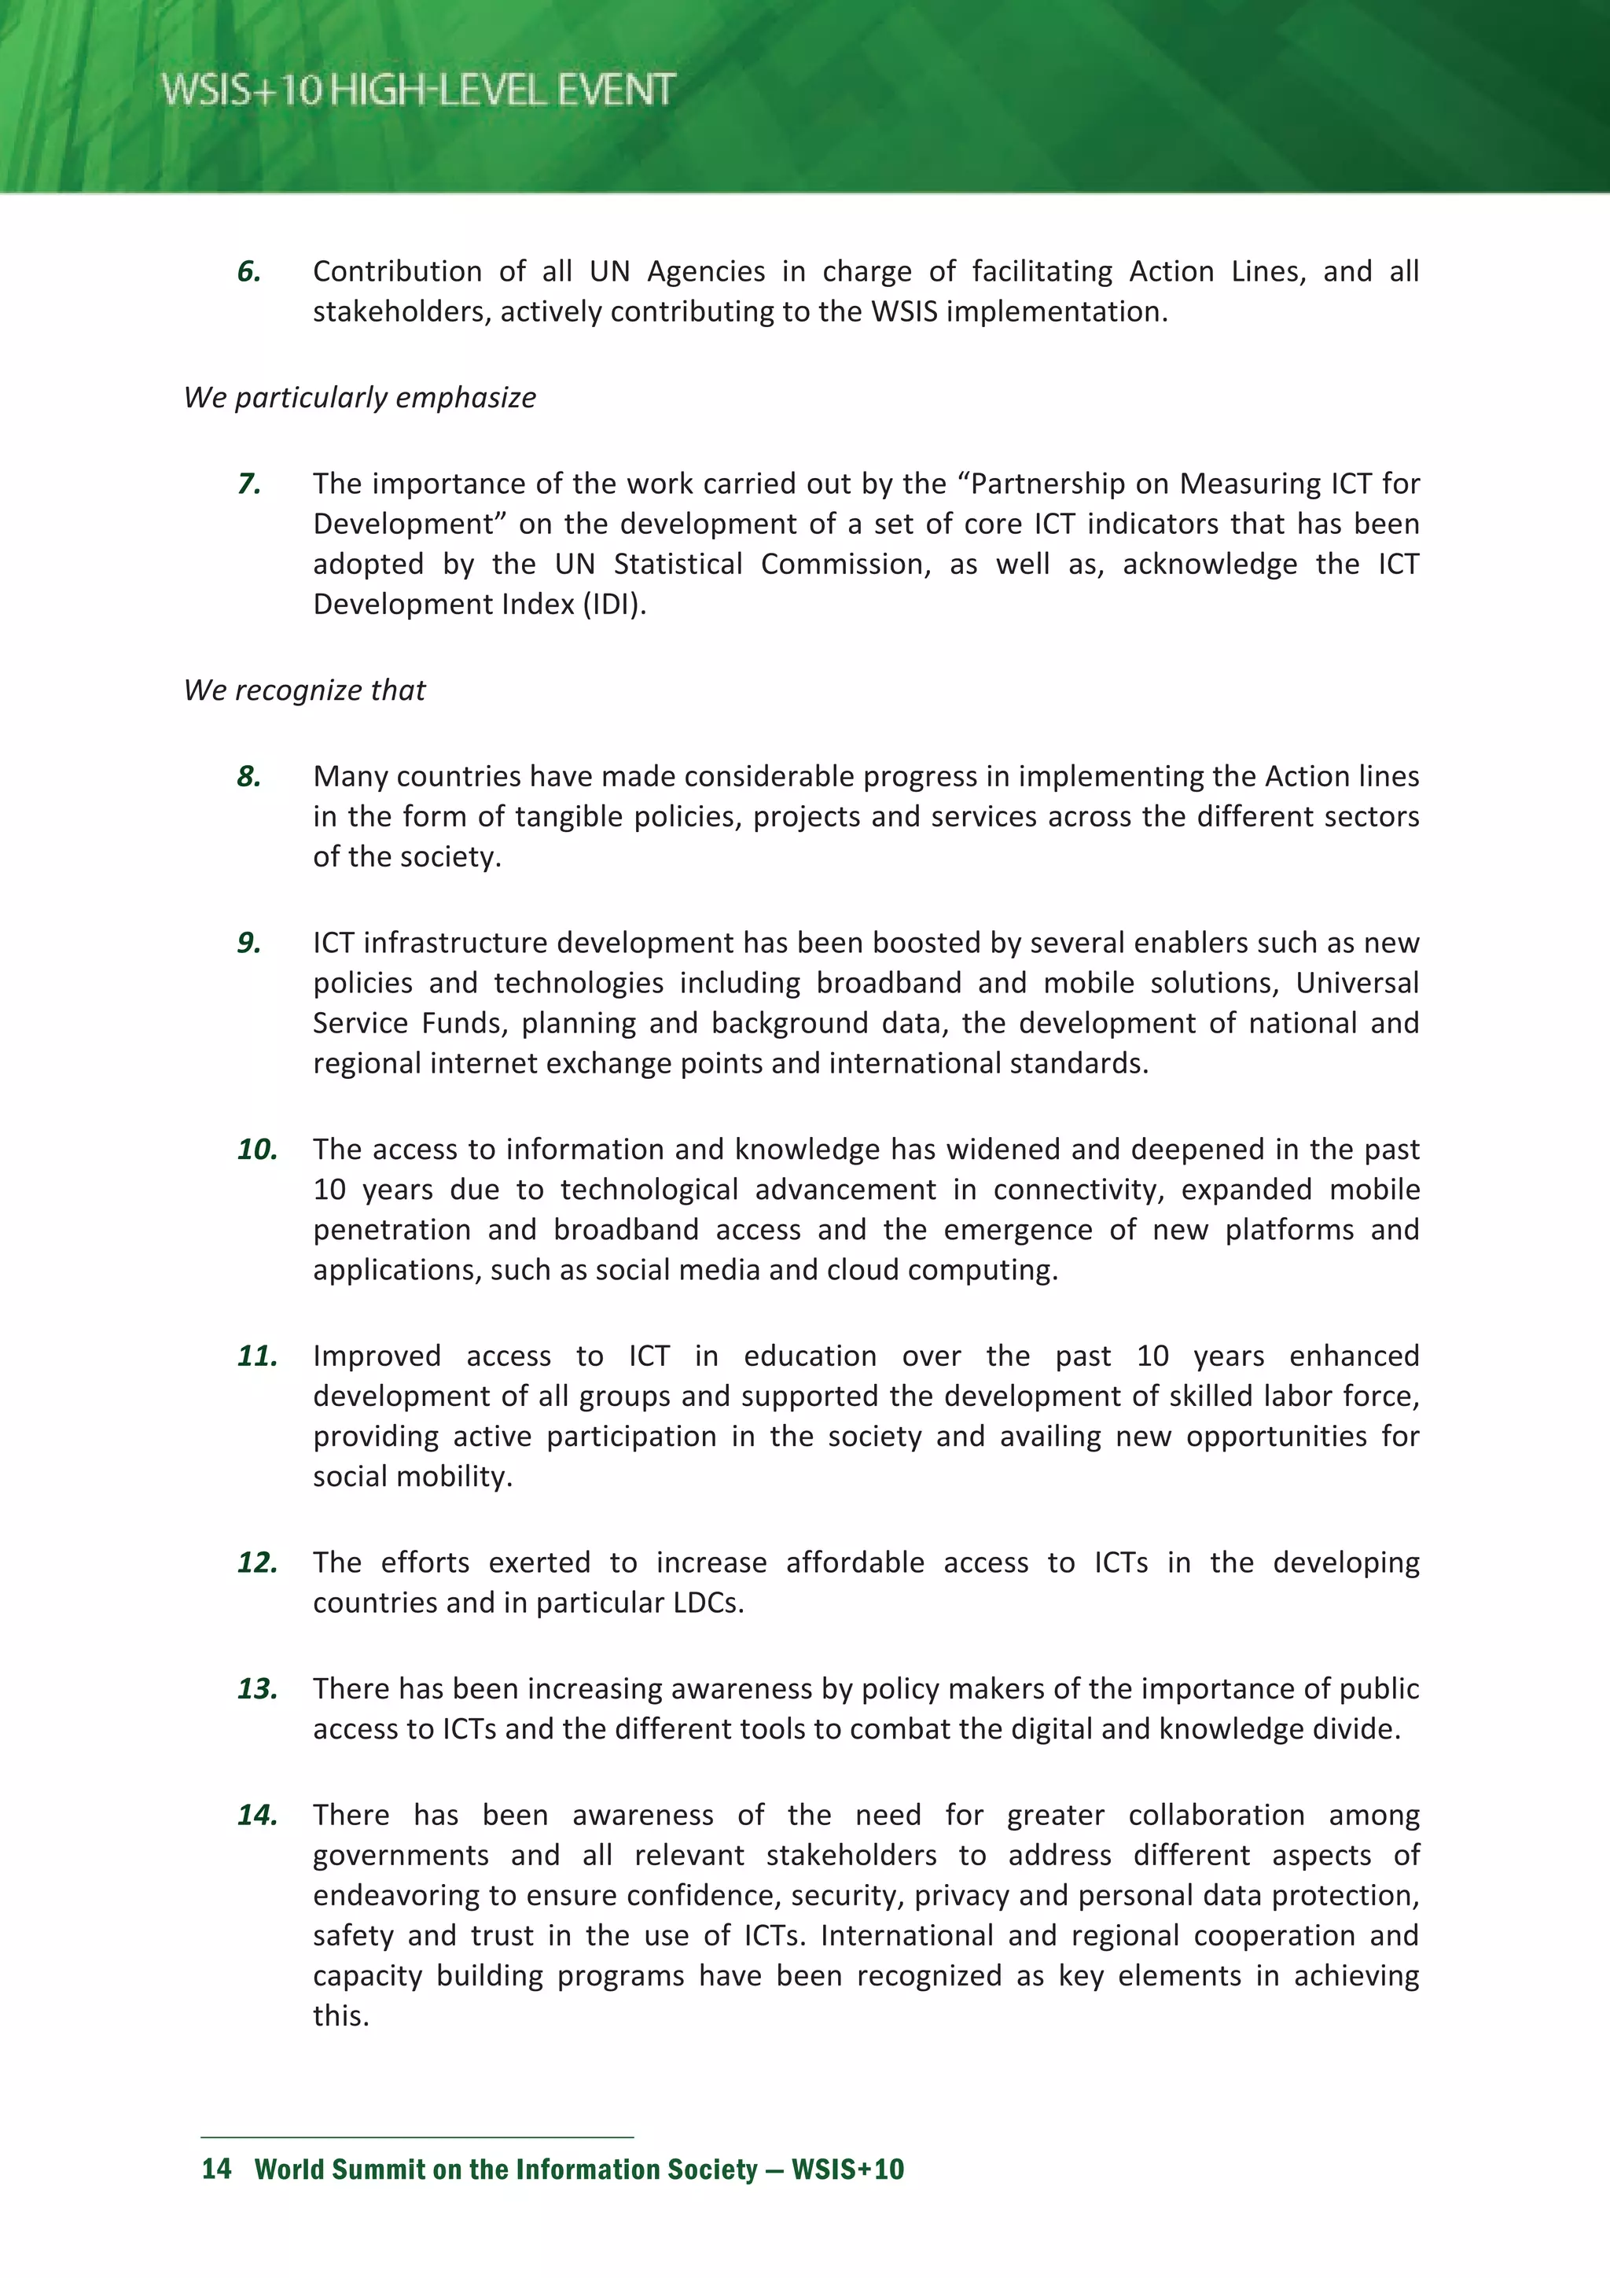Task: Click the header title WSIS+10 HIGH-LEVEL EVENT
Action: coord(417,90)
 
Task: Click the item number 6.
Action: coord(249,272)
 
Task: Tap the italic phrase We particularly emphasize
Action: coord(359,397)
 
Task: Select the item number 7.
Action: coord(249,484)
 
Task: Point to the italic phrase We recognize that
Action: coord(303,690)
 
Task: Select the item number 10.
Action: coord(257,1150)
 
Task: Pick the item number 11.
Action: coord(257,1356)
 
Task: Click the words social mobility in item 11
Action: coord(412,1476)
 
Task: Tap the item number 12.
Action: coord(257,1562)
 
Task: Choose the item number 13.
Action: coord(257,1689)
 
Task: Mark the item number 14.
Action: coord(257,1816)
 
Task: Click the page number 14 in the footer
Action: coord(216,2169)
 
